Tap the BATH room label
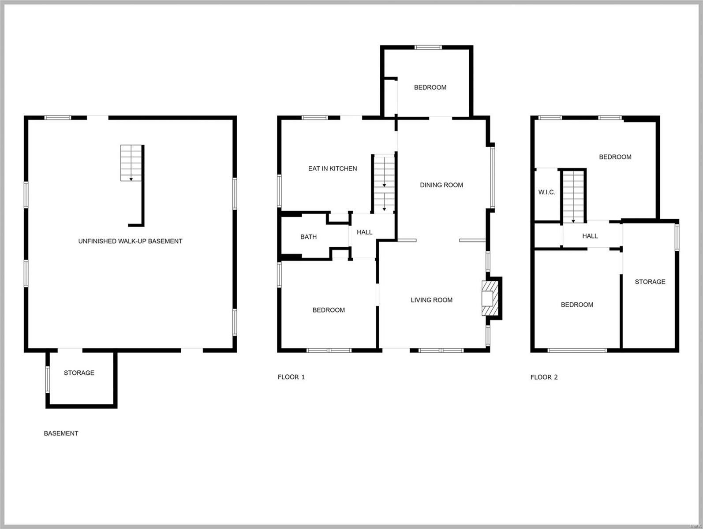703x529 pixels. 308,237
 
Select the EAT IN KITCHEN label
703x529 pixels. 333,168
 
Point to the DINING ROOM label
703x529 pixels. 441,185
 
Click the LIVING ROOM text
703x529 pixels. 431,300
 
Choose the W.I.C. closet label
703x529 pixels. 546,192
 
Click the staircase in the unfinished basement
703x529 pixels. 131,163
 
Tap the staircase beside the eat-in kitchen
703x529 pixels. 384,183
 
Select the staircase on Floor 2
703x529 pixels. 573,196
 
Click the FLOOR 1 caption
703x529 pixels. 291,377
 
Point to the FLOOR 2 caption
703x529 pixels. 544,377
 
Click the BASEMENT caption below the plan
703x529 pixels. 61,433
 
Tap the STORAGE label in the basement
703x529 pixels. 79,373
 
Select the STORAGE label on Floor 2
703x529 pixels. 650,282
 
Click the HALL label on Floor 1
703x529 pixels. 364,232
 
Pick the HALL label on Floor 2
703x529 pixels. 590,236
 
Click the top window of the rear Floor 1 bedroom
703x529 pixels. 428,47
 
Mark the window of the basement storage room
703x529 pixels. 48,379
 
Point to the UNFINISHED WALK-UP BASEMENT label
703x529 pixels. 130,241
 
